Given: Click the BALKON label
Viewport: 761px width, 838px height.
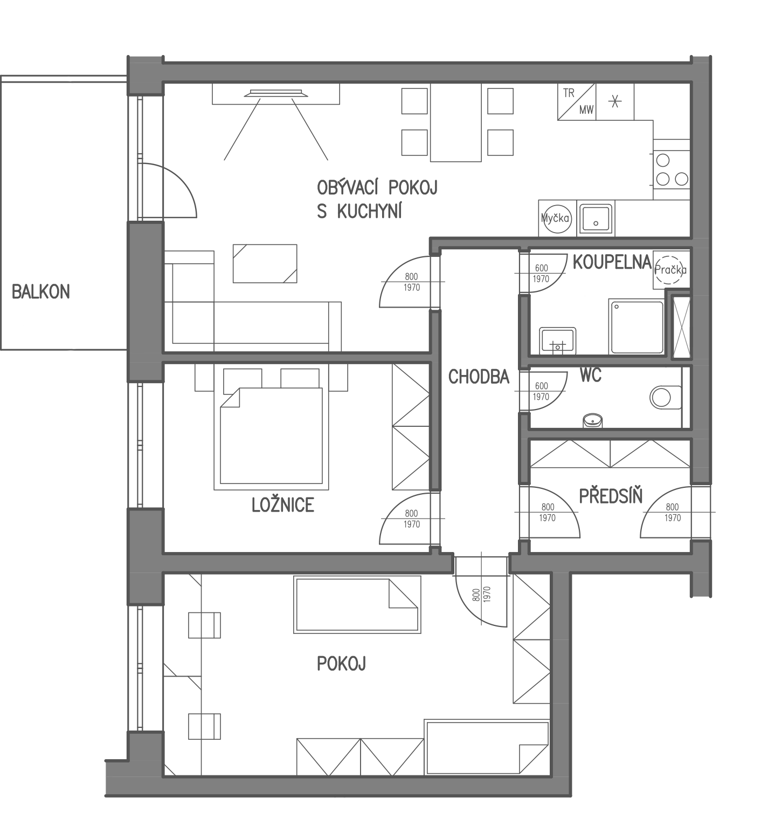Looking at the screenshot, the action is tap(41, 292).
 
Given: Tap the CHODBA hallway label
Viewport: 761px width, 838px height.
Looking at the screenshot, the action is tap(479, 377).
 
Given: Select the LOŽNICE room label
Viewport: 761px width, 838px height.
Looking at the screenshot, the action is tap(283, 505).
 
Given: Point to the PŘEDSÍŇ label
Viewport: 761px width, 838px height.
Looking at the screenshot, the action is tap(611, 495).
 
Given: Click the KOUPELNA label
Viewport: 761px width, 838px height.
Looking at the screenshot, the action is tap(612, 263).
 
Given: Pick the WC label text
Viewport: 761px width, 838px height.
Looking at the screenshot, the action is tap(591, 375).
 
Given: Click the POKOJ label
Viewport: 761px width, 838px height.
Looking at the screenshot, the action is tap(341, 663).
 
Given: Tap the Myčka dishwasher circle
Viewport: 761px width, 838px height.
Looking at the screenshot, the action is tap(557, 219).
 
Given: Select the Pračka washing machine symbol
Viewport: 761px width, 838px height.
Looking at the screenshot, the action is tap(670, 269).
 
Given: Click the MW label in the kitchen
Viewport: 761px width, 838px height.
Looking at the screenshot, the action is tap(586, 110).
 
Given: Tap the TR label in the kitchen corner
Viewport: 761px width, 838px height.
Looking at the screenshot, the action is tap(569, 93).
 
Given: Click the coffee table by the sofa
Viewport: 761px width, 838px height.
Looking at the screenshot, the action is tap(265, 263).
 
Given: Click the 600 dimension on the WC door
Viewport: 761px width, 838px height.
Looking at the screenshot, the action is tap(541, 386).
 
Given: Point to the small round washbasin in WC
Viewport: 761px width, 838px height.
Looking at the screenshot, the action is tap(593, 419).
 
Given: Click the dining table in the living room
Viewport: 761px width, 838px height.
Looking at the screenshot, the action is tap(456, 122).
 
